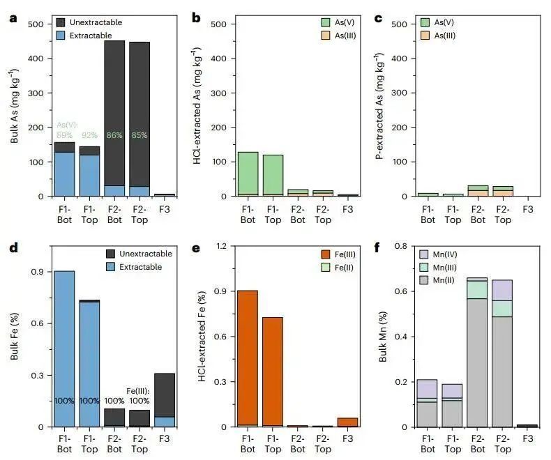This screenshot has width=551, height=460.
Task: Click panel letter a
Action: click(x=13, y=18)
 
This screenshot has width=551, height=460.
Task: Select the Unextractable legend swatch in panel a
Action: click(x=62, y=22)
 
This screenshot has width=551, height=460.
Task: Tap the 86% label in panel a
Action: click(x=114, y=135)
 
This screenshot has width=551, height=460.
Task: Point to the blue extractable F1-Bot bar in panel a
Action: click(x=65, y=174)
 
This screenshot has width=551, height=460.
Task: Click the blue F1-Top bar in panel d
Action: click(x=89, y=362)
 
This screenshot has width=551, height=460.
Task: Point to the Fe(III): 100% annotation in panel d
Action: click(x=139, y=395)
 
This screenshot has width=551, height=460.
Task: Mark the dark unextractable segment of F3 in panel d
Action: click(x=164, y=394)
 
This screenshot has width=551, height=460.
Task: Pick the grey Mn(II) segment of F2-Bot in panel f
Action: click(x=478, y=362)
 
